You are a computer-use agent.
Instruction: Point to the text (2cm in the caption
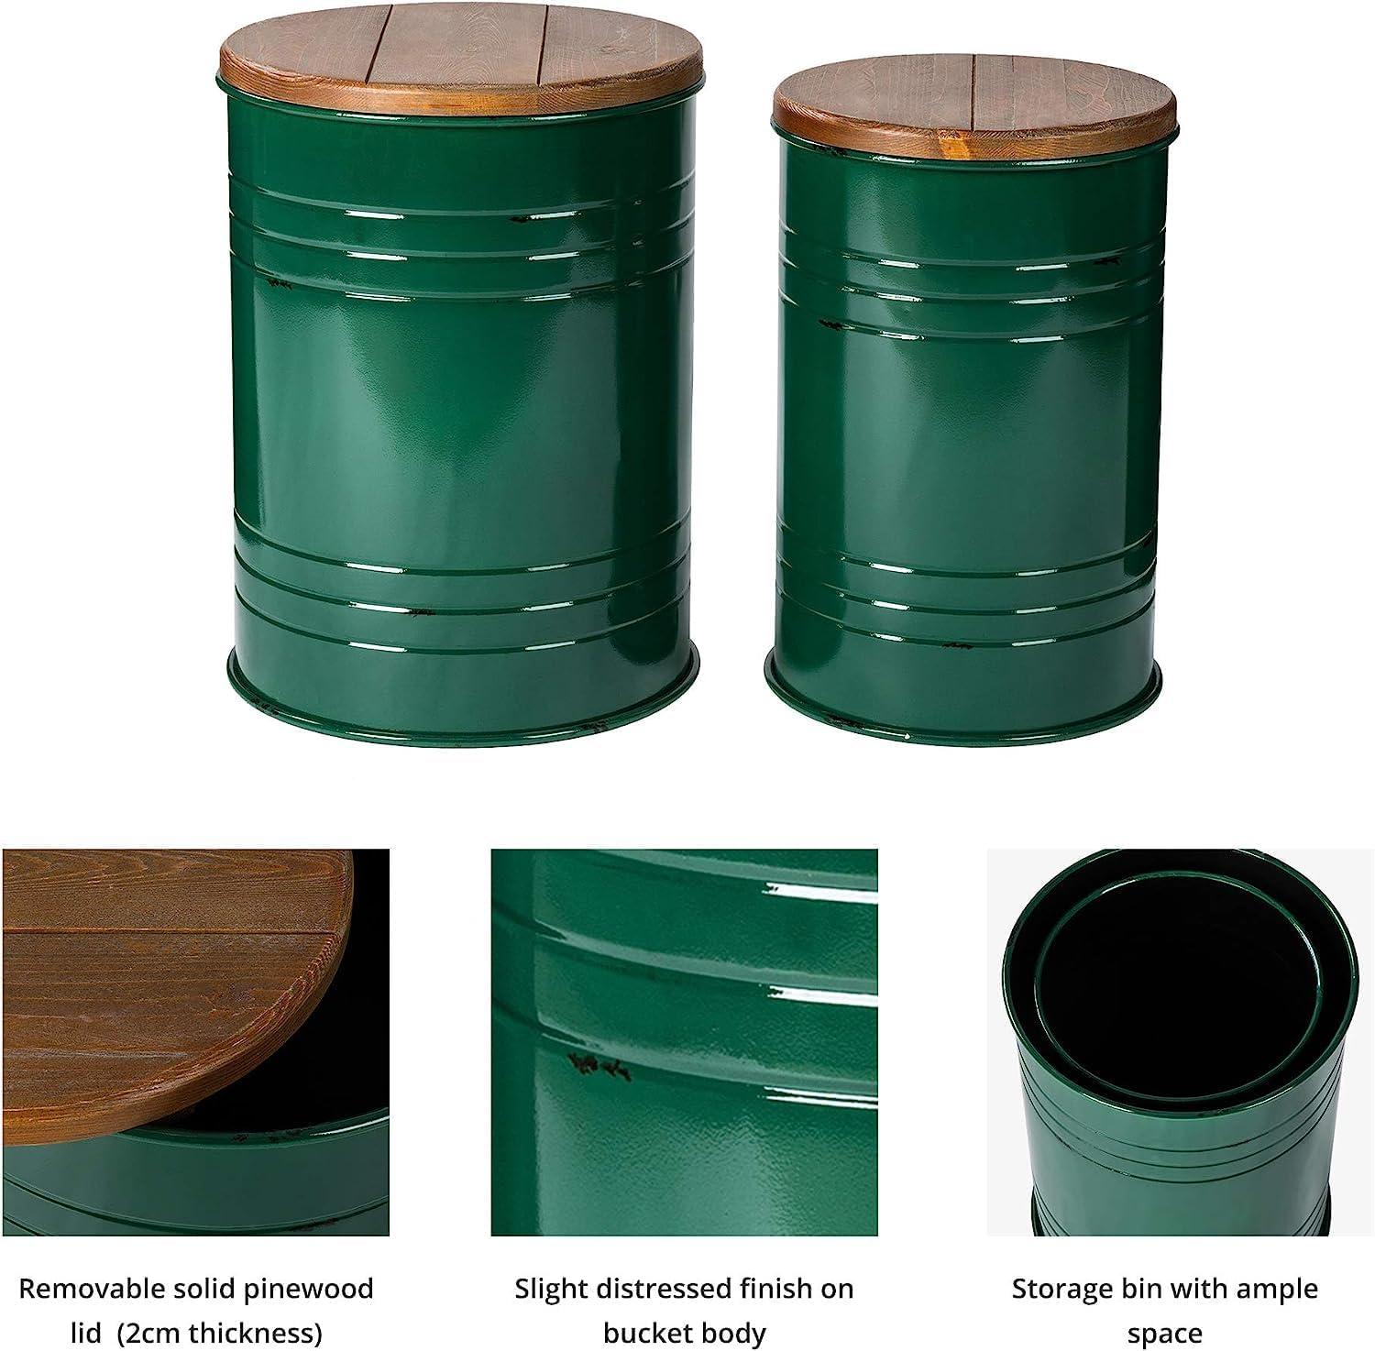(140, 1332)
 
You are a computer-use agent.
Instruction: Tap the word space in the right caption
(1164, 1332)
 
